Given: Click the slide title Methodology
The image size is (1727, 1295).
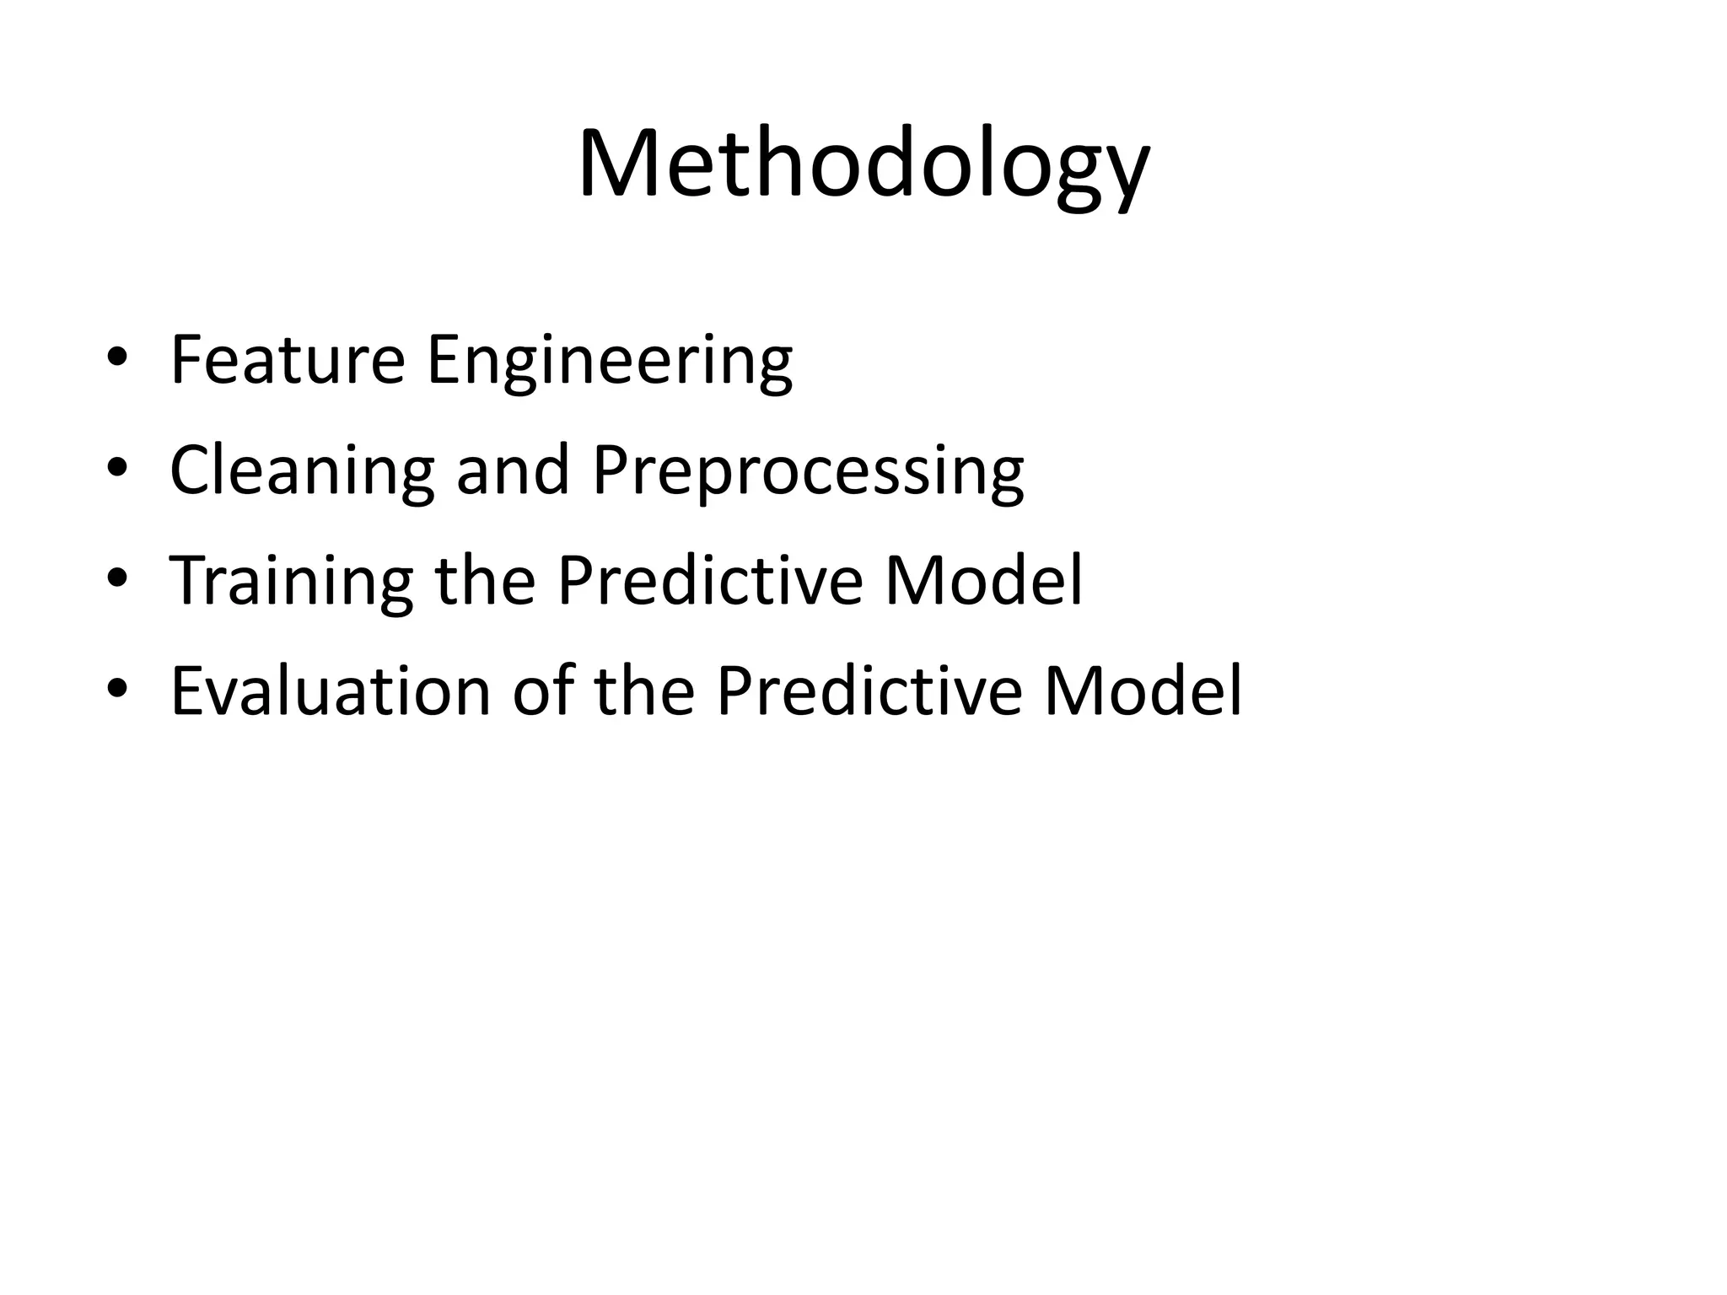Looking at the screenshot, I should point(863,164).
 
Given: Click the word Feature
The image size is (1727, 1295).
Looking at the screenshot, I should point(288,360).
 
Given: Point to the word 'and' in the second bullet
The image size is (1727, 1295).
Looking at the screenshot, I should point(513,470).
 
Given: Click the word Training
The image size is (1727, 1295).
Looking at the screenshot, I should point(291,583).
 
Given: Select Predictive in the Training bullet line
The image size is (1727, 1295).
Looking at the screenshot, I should point(709,581).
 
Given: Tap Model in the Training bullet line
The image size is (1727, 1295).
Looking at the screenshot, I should point(982,581).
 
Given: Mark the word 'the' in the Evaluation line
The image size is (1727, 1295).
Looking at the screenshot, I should point(645,691).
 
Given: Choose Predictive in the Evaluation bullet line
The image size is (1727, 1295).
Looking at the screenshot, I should point(869,691).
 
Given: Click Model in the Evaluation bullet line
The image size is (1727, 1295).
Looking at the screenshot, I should point(1143,691).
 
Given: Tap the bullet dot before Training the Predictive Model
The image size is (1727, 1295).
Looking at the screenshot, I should point(117,579).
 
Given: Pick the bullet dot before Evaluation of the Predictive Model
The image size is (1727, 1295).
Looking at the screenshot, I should point(117,689).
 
